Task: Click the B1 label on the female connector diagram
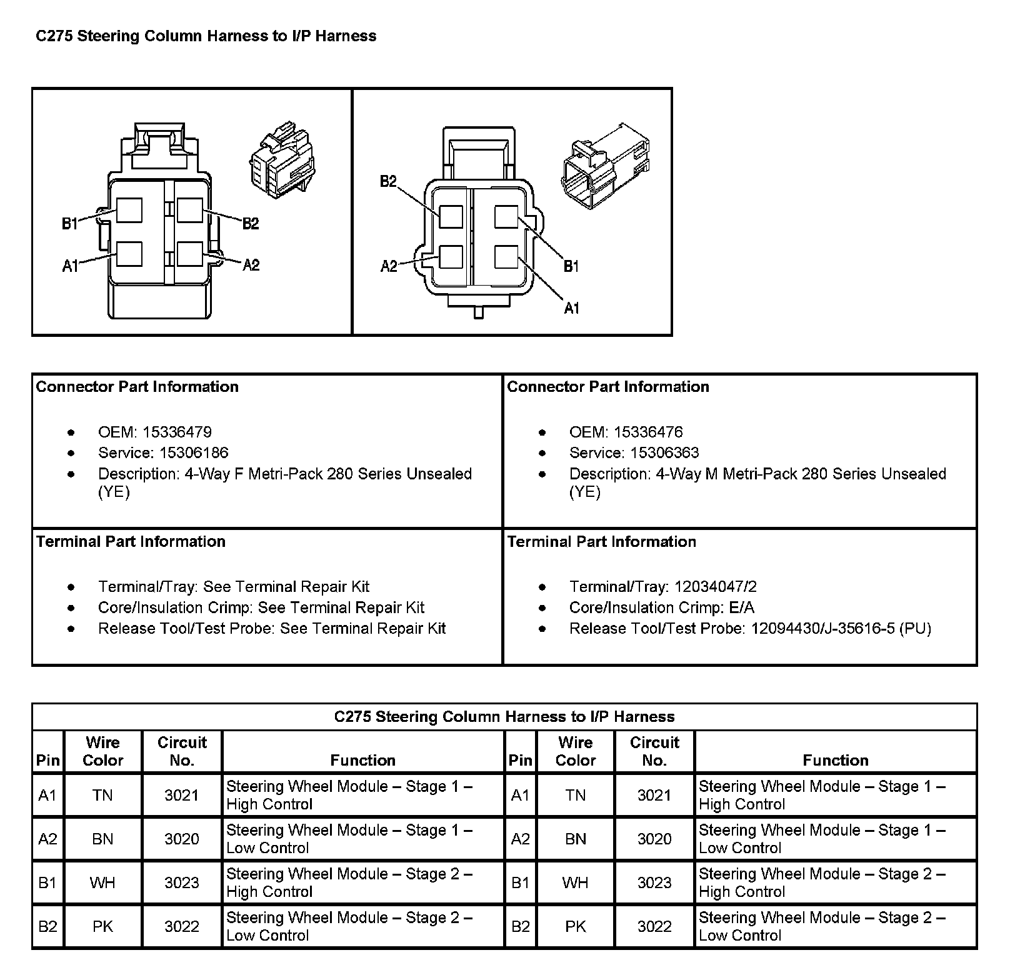point(69,223)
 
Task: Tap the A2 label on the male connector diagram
point(389,266)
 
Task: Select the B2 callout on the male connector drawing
point(389,181)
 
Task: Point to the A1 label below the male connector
point(572,307)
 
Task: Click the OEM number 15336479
point(177,432)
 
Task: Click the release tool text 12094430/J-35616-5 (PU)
point(841,628)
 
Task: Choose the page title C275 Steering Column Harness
point(206,36)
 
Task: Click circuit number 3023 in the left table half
point(181,882)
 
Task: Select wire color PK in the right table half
point(575,926)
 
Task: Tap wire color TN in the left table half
point(102,795)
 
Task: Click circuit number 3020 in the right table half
point(654,839)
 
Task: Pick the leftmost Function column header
point(362,760)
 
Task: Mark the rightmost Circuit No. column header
point(654,751)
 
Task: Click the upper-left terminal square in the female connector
point(129,211)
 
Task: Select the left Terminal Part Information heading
point(131,541)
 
